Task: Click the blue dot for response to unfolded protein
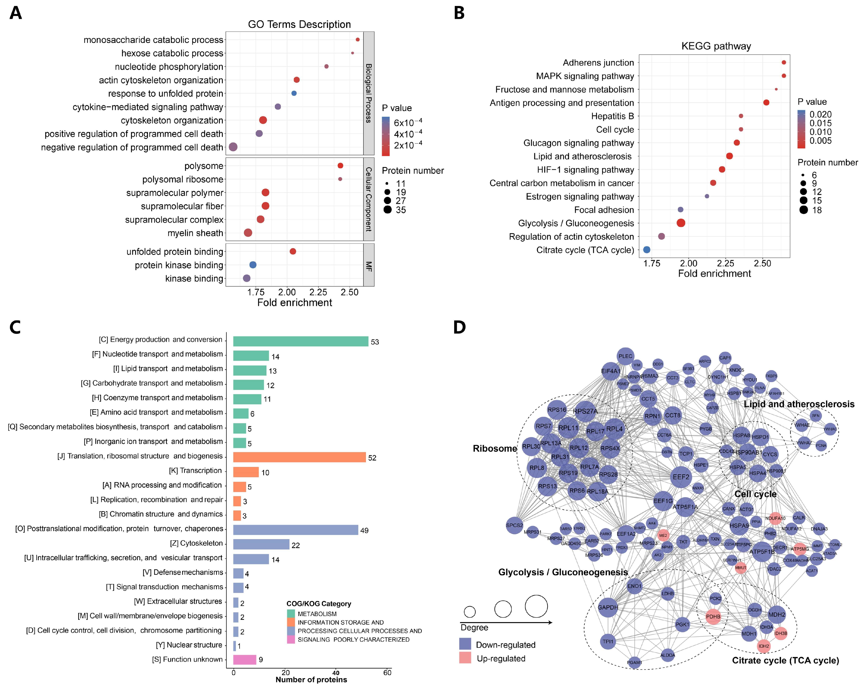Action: pyautogui.click(x=294, y=93)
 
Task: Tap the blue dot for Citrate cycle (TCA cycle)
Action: pyautogui.click(x=647, y=250)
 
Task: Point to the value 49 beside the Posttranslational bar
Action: pyautogui.click(x=364, y=530)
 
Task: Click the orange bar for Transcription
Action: pyautogui.click(x=246, y=472)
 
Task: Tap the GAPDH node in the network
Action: pyautogui.click(x=608, y=607)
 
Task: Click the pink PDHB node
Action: pyautogui.click(x=713, y=616)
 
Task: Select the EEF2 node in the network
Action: pyautogui.click(x=681, y=477)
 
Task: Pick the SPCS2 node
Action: pyautogui.click(x=514, y=525)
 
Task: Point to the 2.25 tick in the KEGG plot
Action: pyautogui.click(x=725, y=263)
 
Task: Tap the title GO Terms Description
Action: pyautogui.click(x=299, y=24)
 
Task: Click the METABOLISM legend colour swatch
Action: pyautogui.click(x=291, y=614)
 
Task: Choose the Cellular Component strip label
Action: pyautogui.click(x=369, y=199)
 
